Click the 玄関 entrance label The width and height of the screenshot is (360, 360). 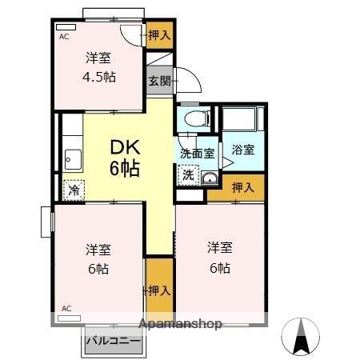pyautogui.click(x=159, y=80)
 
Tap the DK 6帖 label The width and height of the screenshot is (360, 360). pyautogui.click(x=125, y=158)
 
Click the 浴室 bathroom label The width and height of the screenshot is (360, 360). pyautogui.click(x=243, y=149)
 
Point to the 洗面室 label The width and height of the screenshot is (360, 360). pyautogui.click(x=195, y=152)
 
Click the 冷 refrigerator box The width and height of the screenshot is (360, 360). pyautogui.click(x=74, y=190)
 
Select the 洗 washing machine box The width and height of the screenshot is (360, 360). pyautogui.click(x=186, y=174)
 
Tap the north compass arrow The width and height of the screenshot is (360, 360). pyautogui.click(x=302, y=336)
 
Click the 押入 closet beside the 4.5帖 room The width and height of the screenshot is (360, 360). pyautogui.click(x=159, y=34)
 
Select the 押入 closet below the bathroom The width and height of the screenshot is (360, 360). pyautogui.click(x=243, y=188)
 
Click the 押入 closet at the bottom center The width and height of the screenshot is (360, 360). pyautogui.click(x=159, y=290)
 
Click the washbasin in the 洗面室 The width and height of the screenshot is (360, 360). pyautogui.click(x=210, y=178)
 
